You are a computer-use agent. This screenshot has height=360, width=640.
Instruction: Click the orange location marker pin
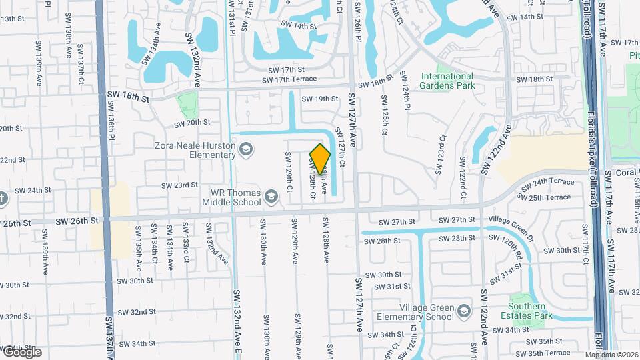coord(320,159)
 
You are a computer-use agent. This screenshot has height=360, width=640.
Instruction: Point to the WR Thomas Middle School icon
coord(271,197)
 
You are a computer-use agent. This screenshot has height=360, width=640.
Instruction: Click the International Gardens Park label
coord(456,81)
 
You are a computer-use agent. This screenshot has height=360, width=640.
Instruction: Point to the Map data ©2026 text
coord(611,355)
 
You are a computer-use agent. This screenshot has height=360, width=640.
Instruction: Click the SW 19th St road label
coord(320,99)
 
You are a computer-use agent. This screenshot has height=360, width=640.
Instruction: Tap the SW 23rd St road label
coord(179,185)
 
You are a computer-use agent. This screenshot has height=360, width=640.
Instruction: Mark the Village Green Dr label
coord(511,219)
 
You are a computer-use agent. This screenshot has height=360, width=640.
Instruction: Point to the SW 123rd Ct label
coord(440,154)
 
